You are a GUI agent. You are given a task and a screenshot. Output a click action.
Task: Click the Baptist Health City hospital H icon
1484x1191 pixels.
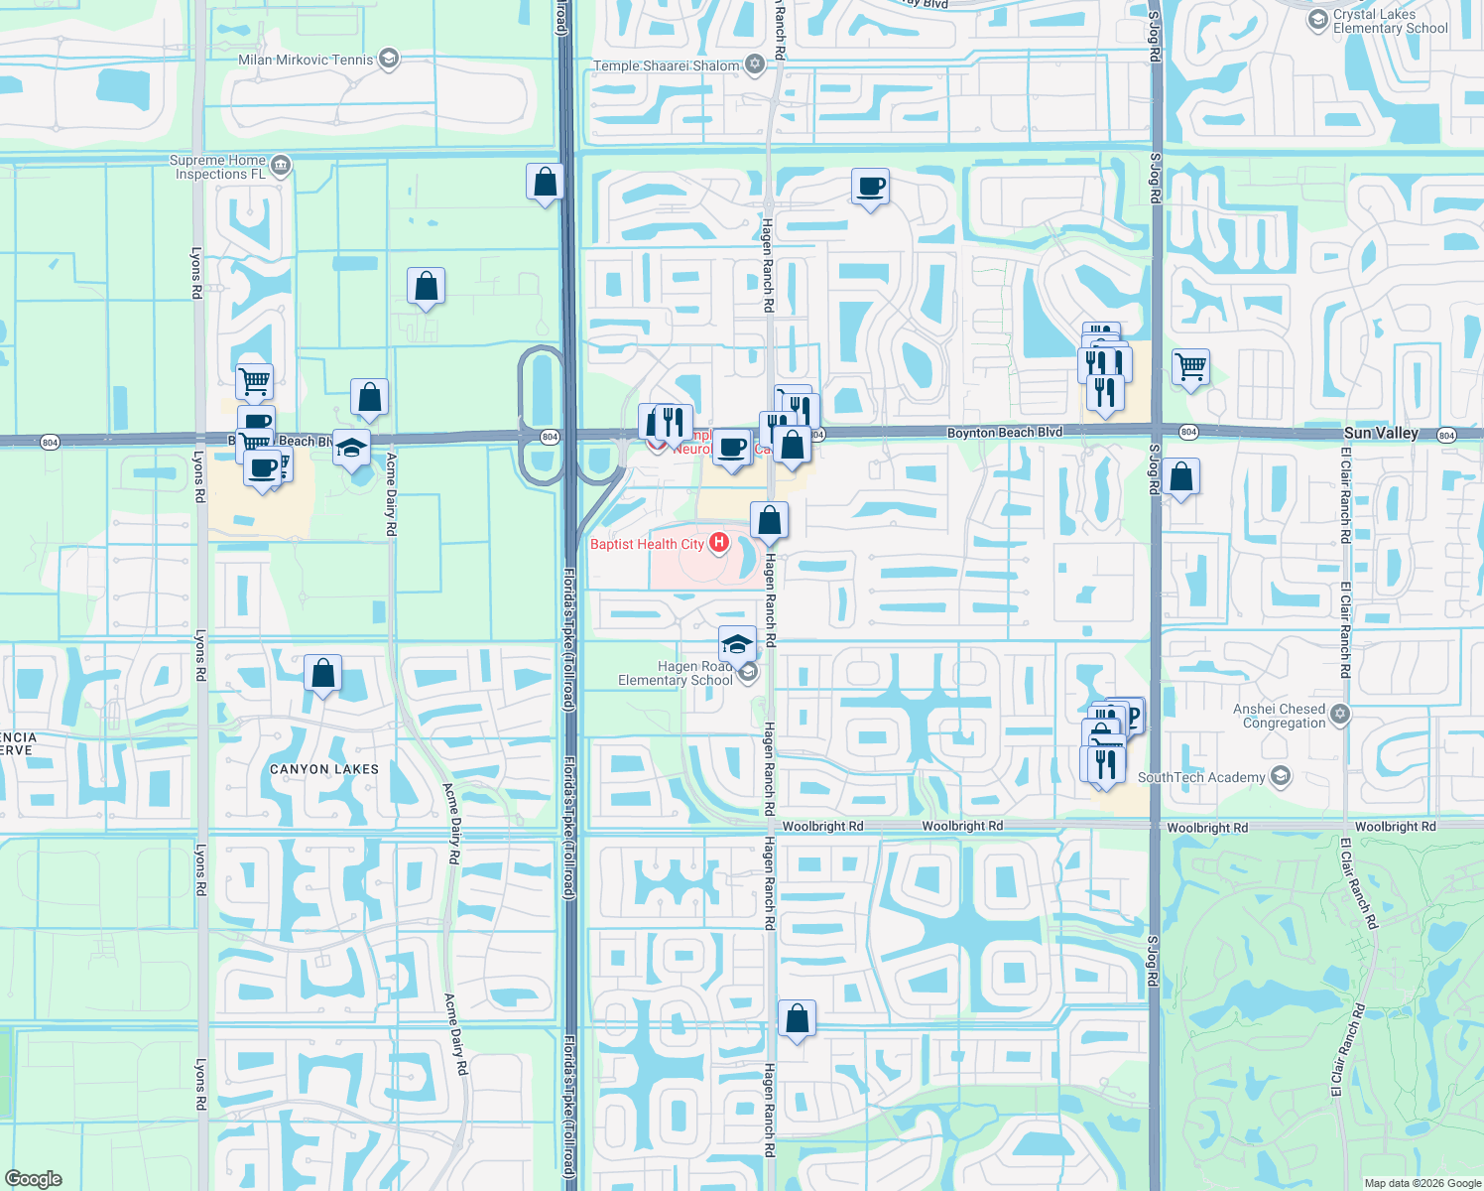tap(719, 543)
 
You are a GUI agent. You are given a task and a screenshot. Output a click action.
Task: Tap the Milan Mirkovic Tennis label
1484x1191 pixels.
tap(306, 60)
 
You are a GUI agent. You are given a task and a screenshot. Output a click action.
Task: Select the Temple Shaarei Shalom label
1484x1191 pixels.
tap(667, 66)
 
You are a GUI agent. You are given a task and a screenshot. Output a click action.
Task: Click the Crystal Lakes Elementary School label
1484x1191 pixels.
tap(1390, 22)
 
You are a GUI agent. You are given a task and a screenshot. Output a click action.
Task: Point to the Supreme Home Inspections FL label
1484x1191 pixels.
tap(219, 167)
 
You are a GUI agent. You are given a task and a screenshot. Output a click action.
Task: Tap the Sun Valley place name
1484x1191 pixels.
tap(1381, 433)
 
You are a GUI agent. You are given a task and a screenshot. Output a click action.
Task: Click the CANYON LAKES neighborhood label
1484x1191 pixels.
tap(324, 769)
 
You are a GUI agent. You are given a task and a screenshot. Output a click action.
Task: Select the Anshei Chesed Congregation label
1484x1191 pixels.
tap(1279, 716)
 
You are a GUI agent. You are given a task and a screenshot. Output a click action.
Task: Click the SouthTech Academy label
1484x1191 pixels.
tap(1201, 777)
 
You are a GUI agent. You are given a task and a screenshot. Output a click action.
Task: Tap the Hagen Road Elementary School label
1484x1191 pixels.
tap(676, 673)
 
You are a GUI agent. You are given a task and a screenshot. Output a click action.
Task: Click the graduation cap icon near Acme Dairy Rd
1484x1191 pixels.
tap(351, 448)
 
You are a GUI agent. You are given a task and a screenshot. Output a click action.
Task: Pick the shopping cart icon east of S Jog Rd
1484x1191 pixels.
tap(1190, 367)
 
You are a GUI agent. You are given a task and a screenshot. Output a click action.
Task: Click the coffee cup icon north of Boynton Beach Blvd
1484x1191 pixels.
tap(870, 187)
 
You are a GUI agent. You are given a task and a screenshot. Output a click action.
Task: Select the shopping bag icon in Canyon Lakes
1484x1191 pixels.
tap(322, 674)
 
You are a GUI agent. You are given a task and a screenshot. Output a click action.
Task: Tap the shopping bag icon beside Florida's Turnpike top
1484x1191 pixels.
tap(545, 183)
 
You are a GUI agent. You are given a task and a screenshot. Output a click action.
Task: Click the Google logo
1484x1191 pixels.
tap(33, 1179)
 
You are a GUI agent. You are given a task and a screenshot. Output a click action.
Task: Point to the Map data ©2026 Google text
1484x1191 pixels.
tap(1422, 1183)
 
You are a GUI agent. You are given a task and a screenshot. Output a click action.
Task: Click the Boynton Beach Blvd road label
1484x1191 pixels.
tap(1004, 433)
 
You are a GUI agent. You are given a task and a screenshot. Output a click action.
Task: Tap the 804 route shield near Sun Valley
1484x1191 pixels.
tap(1446, 435)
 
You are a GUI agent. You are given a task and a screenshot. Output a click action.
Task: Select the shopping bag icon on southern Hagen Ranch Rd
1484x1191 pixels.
tap(797, 1019)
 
